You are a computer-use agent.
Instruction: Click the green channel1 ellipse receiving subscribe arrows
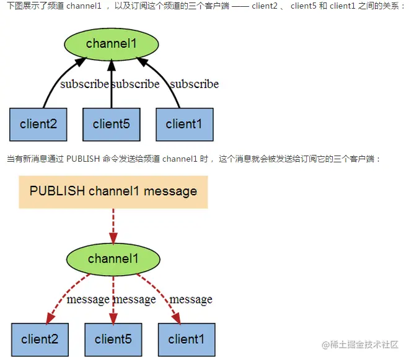111,43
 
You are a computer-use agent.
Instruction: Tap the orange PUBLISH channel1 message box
113,191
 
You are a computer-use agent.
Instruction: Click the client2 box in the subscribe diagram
38,124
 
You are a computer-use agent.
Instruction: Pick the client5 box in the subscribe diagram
112,124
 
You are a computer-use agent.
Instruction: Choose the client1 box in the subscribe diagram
184,124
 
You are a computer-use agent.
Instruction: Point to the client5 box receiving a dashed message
113,339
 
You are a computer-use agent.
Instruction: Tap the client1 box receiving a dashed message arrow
187,339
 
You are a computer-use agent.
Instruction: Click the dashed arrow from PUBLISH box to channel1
113,226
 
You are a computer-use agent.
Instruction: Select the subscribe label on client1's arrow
194,84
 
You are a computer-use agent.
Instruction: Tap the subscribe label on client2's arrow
84,84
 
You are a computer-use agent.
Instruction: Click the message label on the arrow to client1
191,299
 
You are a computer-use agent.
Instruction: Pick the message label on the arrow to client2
88,299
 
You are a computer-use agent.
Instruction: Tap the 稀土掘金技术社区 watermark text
362,344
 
